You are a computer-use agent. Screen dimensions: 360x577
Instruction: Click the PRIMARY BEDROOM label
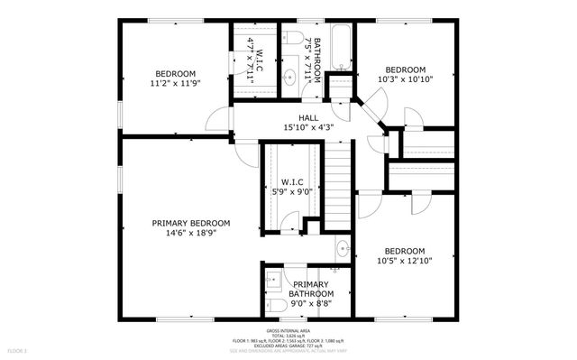click(x=190, y=223)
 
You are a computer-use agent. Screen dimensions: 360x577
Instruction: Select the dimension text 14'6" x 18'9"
click(x=190, y=233)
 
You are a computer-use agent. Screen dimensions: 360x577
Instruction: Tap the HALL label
click(x=308, y=117)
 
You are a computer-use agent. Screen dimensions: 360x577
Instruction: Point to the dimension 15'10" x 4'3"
click(x=308, y=127)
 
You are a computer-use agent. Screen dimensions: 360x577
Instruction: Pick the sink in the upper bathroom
click(x=289, y=78)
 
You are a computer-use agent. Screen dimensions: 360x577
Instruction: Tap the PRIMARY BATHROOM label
click(x=311, y=289)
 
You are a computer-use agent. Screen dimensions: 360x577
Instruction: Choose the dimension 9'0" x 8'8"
click(x=311, y=304)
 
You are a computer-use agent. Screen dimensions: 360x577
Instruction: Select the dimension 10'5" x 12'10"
click(x=405, y=261)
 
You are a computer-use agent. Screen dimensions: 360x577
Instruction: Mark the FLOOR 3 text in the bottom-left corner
click(x=18, y=349)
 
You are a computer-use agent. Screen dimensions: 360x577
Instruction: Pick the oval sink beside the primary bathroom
click(x=343, y=248)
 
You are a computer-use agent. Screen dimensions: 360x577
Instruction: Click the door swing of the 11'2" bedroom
click(x=218, y=119)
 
